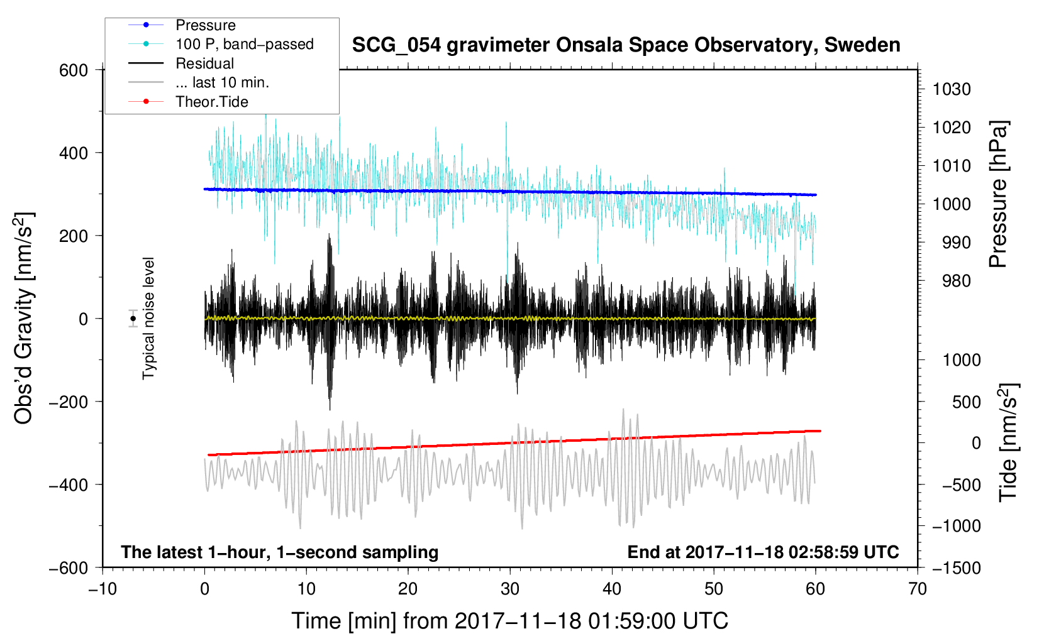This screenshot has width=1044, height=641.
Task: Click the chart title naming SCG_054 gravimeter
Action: click(x=626, y=45)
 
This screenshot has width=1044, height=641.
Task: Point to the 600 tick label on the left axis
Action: click(x=74, y=70)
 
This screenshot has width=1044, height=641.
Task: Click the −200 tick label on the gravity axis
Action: click(x=69, y=402)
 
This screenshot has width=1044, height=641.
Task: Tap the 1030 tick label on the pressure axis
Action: click(x=952, y=89)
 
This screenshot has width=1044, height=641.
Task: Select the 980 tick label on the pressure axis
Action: click(x=956, y=281)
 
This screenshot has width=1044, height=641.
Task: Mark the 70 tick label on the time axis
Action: click(x=917, y=589)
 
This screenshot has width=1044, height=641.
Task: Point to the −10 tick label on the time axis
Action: click(x=103, y=589)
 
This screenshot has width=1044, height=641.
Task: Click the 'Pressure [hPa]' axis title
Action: click(x=998, y=194)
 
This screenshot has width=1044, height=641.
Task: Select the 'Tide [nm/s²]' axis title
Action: click(x=1008, y=442)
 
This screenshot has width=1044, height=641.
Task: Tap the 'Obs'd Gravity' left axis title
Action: click(x=23, y=319)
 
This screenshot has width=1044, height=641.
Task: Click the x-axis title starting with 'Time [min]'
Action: click(x=510, y=621)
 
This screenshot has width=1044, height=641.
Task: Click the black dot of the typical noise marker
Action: click(x=133, y=319)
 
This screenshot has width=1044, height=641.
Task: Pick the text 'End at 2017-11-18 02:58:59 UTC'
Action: click(x=763, y=552)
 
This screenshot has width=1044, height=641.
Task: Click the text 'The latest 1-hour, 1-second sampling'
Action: click(x=280, y=552)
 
